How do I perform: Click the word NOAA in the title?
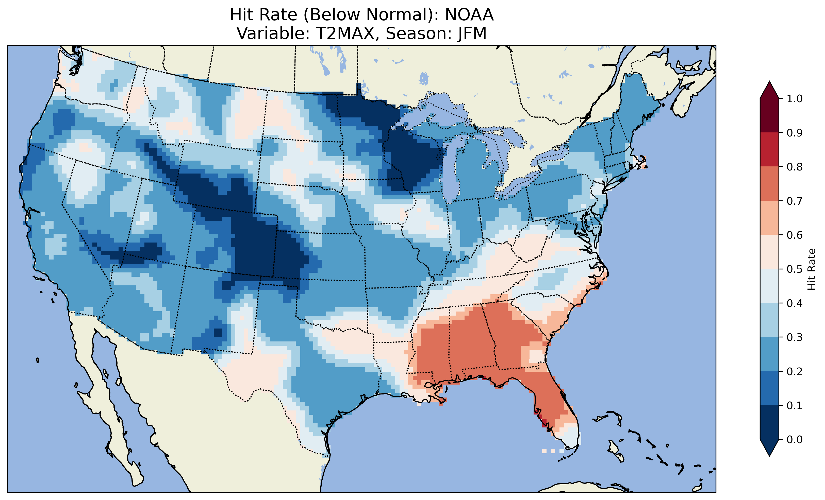[x=469, y=15]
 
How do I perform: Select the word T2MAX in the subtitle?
[x=347, y=33]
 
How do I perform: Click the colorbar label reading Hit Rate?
[x=811, y=269]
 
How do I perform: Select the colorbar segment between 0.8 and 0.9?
[x=769, y=150]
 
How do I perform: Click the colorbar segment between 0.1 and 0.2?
[x=769, y=388]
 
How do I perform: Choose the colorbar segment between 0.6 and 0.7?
[x=769, y=218]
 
